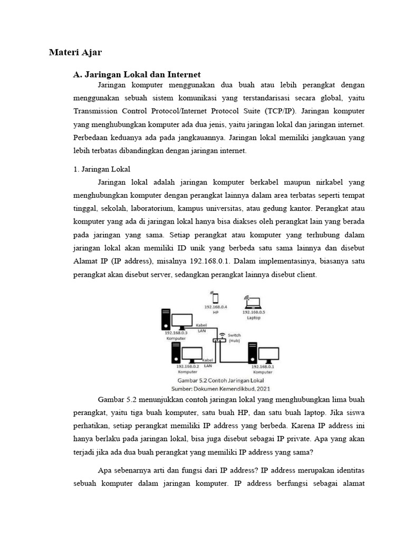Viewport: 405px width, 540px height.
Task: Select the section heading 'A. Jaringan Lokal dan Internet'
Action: coord(137,75)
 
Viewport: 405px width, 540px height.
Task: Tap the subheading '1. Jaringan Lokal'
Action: coord(101,169)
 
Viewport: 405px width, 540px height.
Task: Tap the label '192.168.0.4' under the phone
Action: coord(215,306)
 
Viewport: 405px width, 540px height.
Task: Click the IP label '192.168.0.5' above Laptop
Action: coord(254,312)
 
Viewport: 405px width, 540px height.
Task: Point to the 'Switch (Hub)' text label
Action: coord(235,337)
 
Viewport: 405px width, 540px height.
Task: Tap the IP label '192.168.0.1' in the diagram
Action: coord(263,367)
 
